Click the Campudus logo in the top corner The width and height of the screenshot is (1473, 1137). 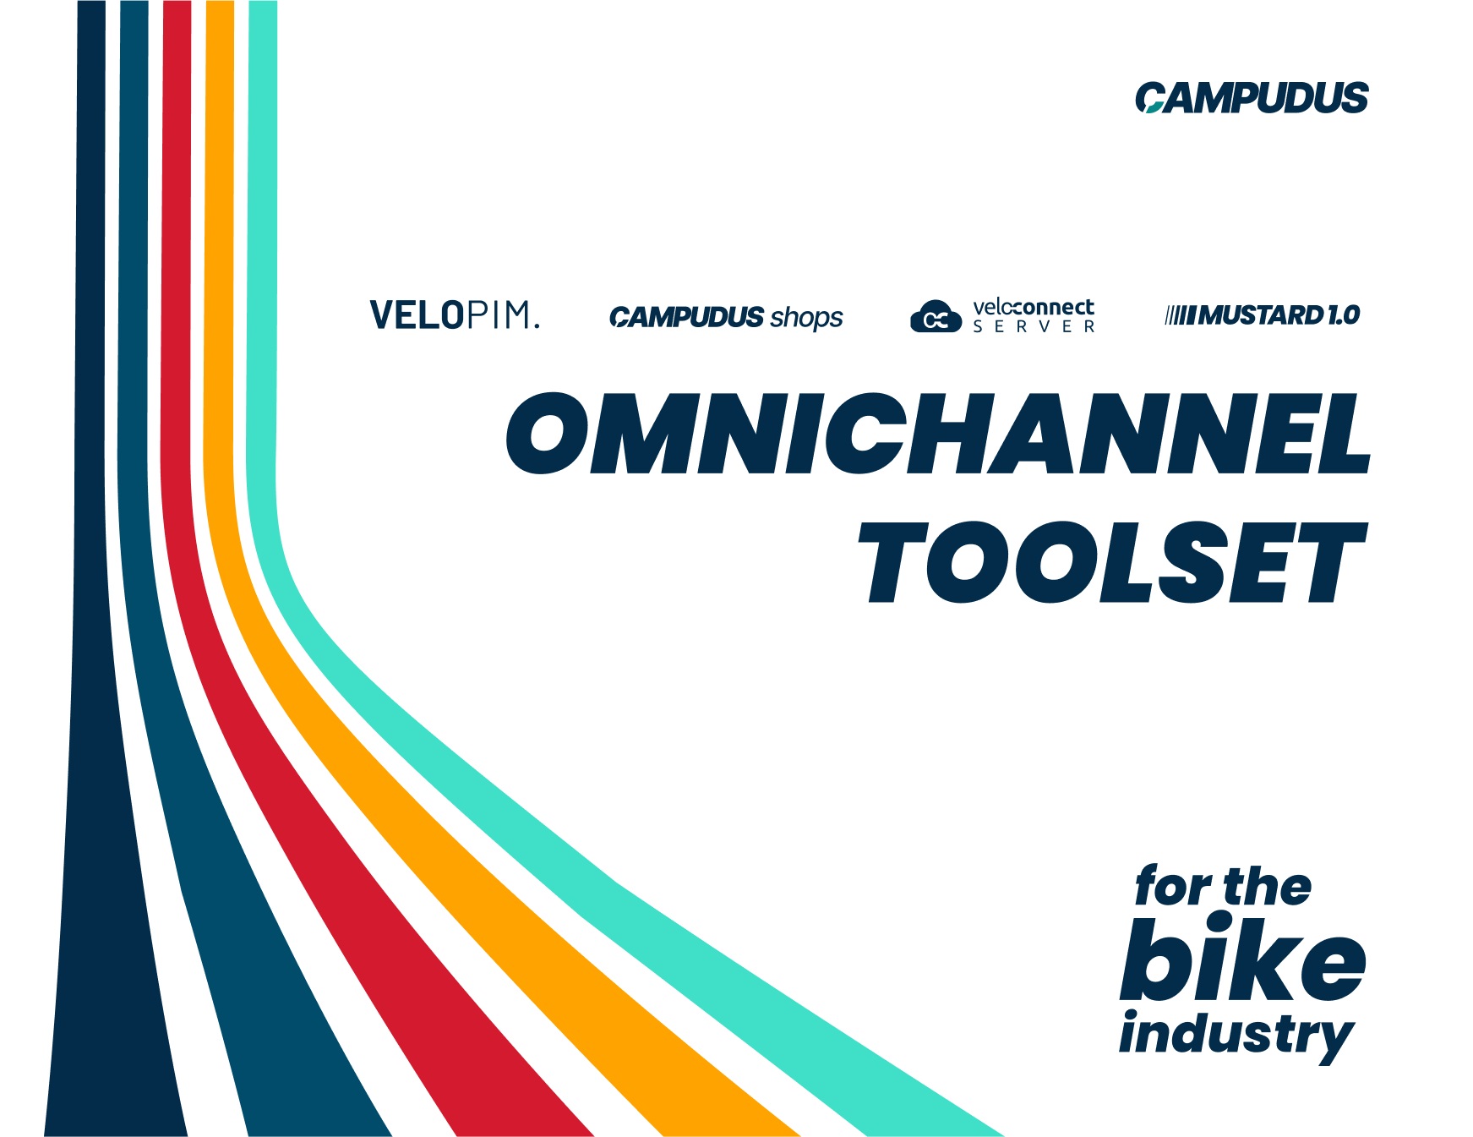[1252, 97]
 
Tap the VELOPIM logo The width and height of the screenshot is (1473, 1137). [454, 315]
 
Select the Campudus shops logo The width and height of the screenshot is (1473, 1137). [726, 317]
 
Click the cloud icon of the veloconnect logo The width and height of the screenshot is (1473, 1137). [936, 316]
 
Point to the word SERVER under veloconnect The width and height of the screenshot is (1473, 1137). [1034, 326]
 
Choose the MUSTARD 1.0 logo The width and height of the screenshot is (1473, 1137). [1263, 315]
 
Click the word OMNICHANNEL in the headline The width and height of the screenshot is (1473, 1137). [937, 433]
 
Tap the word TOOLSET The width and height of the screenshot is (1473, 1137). [1112, 562]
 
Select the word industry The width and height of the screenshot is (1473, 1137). [1236, 1035]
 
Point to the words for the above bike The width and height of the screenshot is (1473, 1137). [1223, 886]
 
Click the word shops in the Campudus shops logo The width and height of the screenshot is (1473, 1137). [806, 318]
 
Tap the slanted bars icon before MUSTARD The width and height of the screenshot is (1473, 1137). [1180, 316]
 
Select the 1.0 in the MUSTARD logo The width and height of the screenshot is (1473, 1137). [1343, 315]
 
